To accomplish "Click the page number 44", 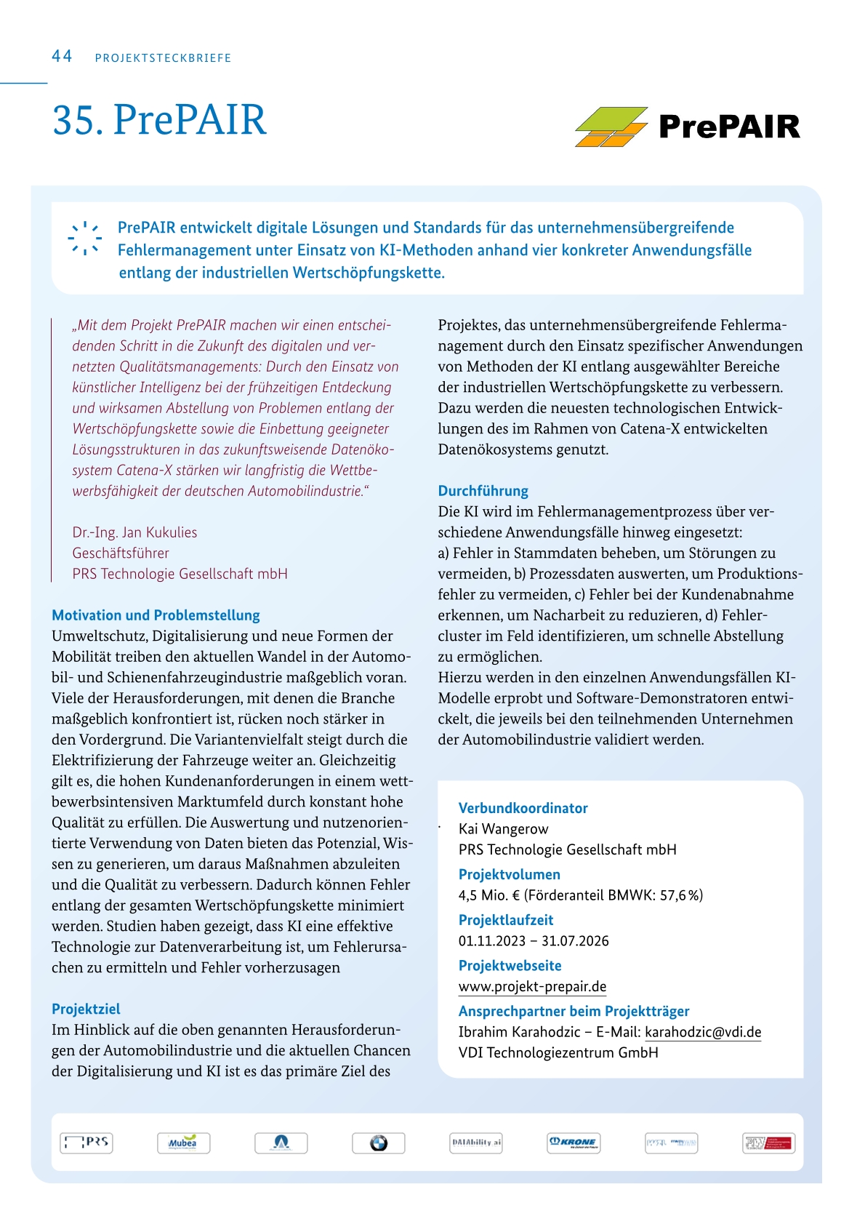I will tap(62, 57).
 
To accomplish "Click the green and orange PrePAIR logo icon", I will tap(611, 127).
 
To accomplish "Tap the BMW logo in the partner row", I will tap(378, 1143).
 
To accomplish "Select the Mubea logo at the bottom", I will tap(183, 1143).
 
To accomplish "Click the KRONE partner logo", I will tap(573, 1143).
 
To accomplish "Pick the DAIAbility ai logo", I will tap(476, 1143).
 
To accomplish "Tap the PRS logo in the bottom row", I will tap(86, 1143).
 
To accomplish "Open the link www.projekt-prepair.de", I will tap(532, 986).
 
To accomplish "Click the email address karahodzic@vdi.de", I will tap(703, 1032).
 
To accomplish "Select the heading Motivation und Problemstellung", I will tap(156, 615).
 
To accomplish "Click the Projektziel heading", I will tap(86, 1009).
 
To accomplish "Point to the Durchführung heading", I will tap(483, 491).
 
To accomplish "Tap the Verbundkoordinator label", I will tap(523, 808).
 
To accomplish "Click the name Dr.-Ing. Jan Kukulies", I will tap(134, 532).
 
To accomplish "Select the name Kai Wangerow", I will tap(503, 829).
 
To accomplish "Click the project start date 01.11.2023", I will tap(491, 941).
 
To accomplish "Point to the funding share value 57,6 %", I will tap(681, 895).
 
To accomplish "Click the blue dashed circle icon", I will tap(85, 238).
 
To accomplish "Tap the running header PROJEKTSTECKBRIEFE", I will tap(163, 58).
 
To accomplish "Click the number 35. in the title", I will tap(78, 120).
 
